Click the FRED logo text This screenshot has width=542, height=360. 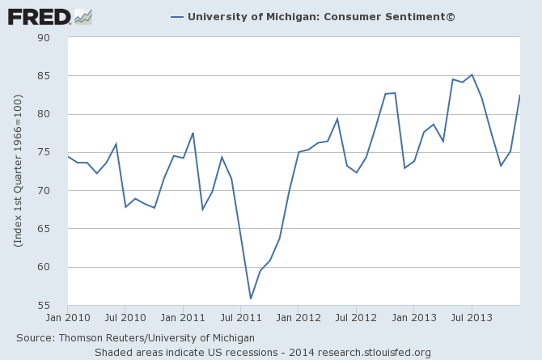click(39, 15)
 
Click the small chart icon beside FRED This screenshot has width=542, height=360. click(83, 15)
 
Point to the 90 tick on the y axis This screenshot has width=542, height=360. click(44, 37)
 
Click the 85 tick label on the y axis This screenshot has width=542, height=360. click(44, 76)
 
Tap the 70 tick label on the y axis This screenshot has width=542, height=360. click(44, 191)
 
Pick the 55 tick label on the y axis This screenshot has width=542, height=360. click(44, 306)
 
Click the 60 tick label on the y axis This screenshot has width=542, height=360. click(44, 268)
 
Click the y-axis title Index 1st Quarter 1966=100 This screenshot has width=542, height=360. click(19, 170)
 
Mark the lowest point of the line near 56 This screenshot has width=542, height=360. click(251, 299)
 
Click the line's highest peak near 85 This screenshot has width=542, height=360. click(472, 74)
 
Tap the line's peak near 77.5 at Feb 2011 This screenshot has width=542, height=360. click(193, 133)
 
